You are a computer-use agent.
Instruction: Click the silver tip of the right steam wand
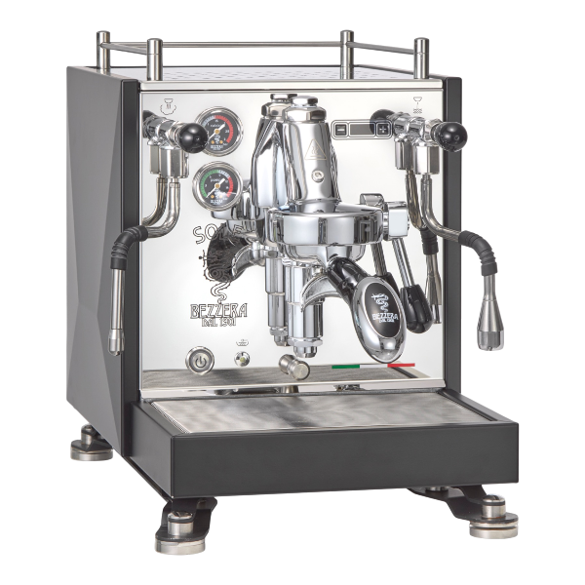(x=487, y=323)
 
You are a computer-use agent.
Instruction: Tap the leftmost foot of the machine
(x=87, y=449)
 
